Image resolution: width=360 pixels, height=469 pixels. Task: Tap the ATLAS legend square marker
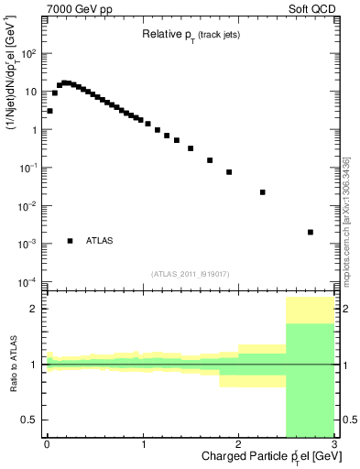pos(71,241)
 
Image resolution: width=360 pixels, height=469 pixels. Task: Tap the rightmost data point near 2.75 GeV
pos(311,232)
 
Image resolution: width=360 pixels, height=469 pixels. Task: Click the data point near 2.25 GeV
pos(263,192)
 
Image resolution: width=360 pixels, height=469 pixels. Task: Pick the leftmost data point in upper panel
pos(49,111)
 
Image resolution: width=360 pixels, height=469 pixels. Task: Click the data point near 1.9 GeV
pos(229,172)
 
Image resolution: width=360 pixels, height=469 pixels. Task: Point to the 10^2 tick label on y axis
pos(28,53)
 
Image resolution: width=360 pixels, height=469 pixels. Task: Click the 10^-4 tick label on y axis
pos(28,281)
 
